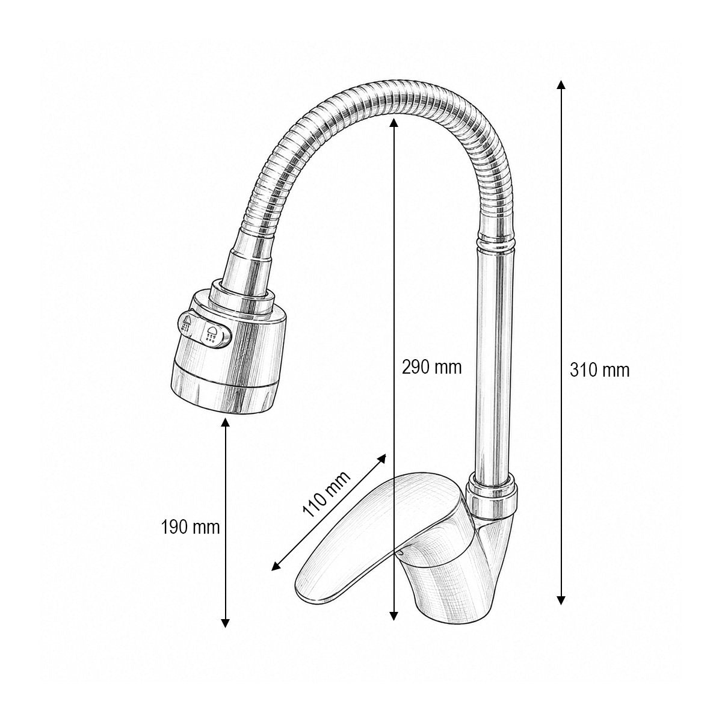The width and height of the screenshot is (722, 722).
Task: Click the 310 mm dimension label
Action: click(599, 371)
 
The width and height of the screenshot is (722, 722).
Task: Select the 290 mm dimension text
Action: click(431, 367)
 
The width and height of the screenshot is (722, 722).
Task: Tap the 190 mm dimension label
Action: click(190, 528)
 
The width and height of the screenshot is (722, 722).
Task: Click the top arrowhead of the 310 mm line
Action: click(561, 85)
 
